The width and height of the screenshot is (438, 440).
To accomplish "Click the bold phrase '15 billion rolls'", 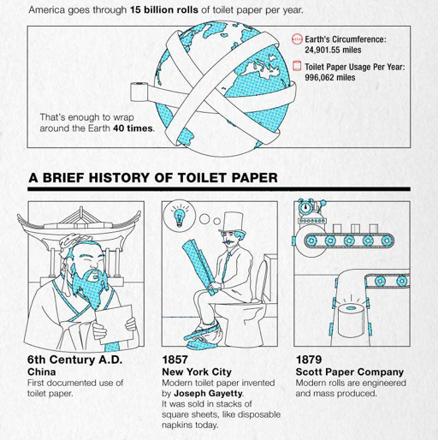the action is tap(164, 10).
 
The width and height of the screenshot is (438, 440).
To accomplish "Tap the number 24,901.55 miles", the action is tap(333, 50).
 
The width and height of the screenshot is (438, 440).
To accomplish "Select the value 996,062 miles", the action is tap(330, 77).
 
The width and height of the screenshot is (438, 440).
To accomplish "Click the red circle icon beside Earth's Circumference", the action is tap(297, 39).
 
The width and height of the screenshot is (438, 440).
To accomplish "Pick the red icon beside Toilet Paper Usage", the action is tap(297, 66).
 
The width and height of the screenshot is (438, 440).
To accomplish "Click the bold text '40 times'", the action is tap(133, 128).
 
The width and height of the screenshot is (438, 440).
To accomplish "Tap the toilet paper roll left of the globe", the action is tap(139, 92).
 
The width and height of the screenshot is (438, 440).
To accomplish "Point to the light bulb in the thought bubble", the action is tap(180, 217).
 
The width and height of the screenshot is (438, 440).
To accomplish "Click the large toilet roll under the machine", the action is tap(351, 320).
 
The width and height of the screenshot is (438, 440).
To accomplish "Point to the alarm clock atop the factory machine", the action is tap(305, 207).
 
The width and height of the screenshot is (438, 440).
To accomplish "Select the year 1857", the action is tap(175, 360).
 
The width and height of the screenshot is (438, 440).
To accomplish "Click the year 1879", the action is tap(309, 360).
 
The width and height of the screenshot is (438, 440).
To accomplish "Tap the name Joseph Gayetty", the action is tap(208, 393).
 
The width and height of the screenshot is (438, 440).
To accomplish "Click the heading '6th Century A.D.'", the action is tap(75, 360).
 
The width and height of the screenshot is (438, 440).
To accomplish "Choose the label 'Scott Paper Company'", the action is tap(350, 372).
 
